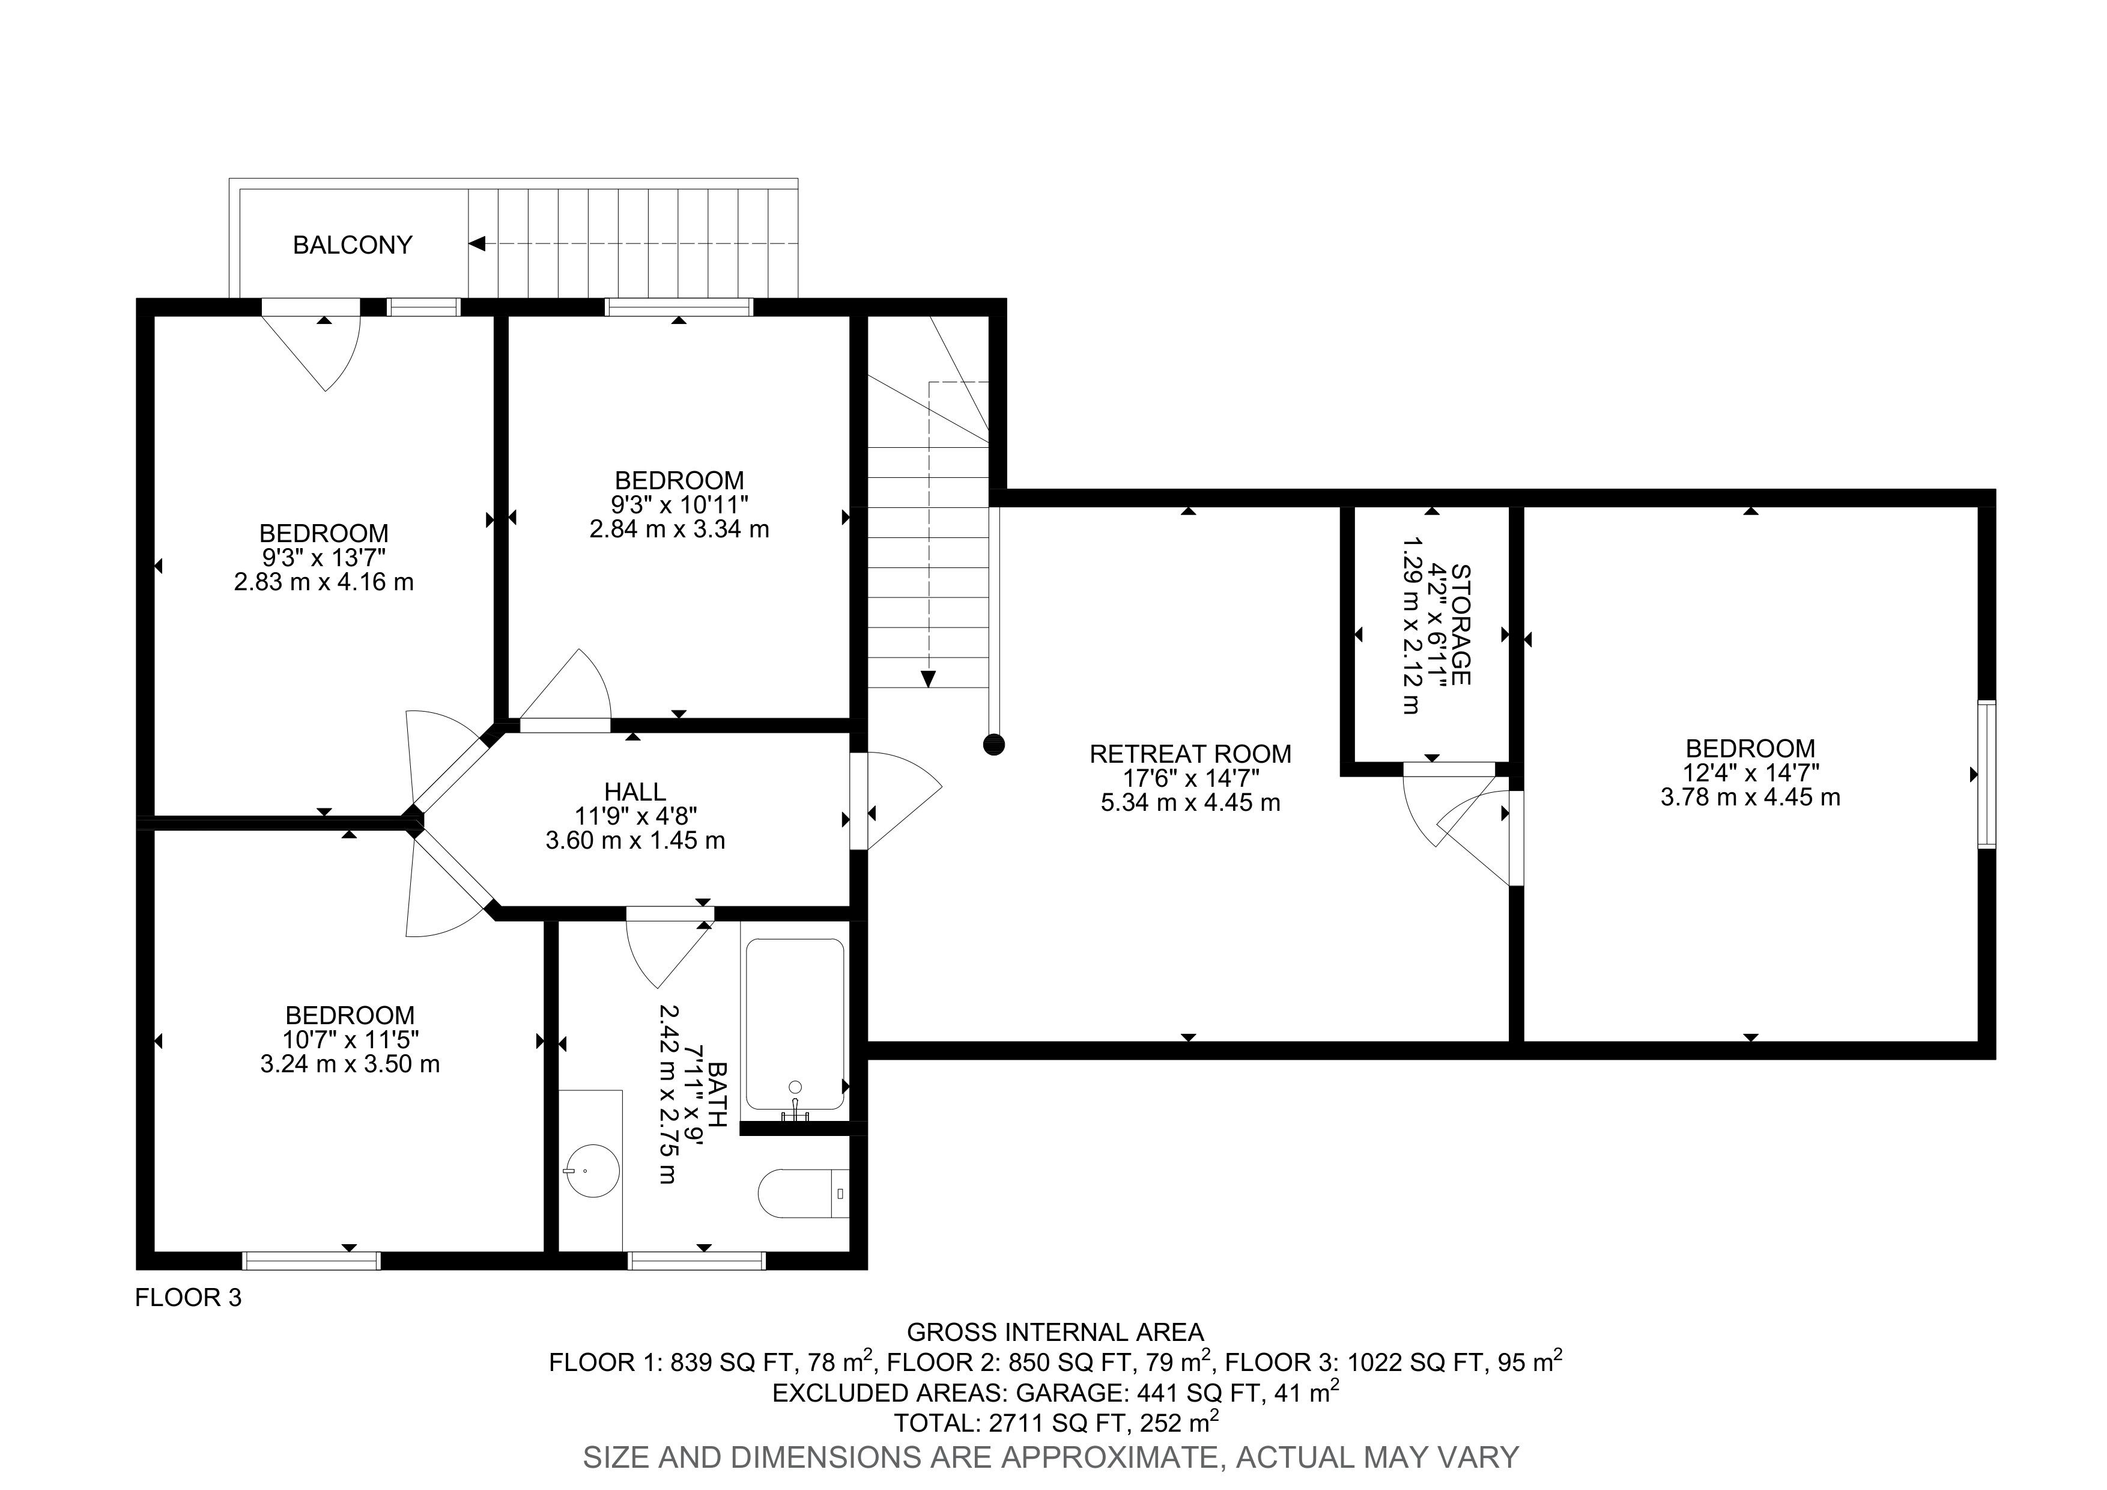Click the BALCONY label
[x=353, y=245]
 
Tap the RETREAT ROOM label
[x=1190, y=754]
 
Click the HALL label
[x=635, y=792]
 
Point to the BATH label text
[x=718, y=1095]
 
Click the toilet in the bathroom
[x=804, y=1194]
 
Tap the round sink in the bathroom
[x=591, y=1170]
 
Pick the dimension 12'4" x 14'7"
[x=1750, y=773]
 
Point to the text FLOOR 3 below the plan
[x=188, y=1297]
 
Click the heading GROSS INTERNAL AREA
[x=1055, y=1332]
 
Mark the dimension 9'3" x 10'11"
[x=679, y=504]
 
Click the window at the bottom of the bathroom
[x=697, y=1260]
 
